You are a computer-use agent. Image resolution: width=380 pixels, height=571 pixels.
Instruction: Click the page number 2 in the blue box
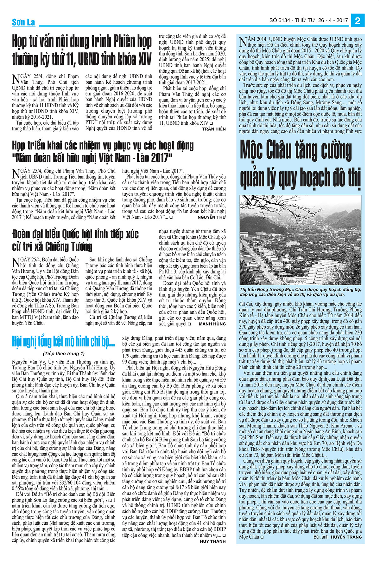pyautogui.click(x=358, y=21)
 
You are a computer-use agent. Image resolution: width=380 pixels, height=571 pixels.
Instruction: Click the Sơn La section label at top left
pyautogui.click(x=23, y=23)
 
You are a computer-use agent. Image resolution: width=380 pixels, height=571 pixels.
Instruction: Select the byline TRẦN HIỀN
pyautogui.click(x=214, y=129)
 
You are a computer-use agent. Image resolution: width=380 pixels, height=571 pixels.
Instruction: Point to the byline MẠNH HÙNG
pyautogui.click(x=212, y=324)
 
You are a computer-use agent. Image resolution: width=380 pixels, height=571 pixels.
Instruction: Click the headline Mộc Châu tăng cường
pyautogui.click(x=296, y=150)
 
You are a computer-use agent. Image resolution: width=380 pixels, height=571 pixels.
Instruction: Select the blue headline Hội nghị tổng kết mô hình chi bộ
pyautogui.click(x=63, y=342)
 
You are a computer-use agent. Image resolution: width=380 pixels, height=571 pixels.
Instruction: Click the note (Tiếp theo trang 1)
pyautogui.click(x=63, y=353)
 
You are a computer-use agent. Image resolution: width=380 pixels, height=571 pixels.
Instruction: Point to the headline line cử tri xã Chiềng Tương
pyautogui.click(x=52, y=246)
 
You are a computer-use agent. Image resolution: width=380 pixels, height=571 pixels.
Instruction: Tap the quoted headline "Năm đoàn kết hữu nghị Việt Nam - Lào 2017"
pyautogui.click(x=92, y=158)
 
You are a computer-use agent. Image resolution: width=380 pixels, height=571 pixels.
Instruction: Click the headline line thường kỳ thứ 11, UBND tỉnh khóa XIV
pyautogui.click(x=82, y=59)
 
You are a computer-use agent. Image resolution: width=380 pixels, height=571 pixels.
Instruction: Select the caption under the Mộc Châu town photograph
pyautogui.click(x=296, y=292)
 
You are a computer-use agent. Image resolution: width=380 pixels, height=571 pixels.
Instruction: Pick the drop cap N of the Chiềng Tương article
pyautogui.click(x=15, y=262)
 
